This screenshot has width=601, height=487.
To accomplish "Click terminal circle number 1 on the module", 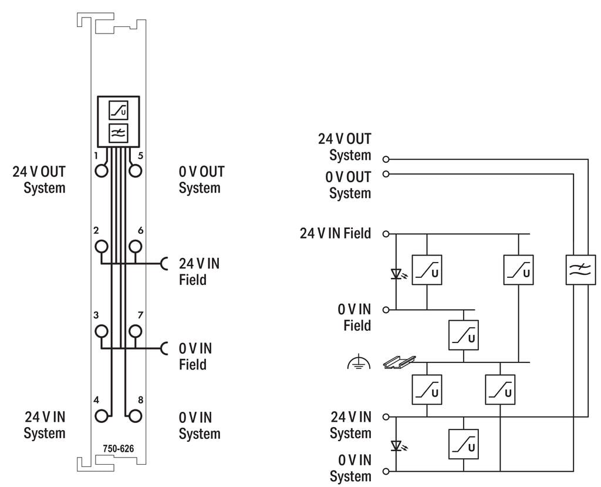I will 102,170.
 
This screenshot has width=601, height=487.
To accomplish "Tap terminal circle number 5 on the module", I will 136,170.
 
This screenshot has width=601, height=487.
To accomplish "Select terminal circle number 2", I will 102,246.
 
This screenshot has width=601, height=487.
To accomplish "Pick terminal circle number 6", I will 136,246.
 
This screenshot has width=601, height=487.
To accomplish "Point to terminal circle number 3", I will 102,331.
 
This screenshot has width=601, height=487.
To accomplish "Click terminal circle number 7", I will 136,331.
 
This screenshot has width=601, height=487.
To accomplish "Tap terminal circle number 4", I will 102,416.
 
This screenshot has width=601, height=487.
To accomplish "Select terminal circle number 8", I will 136,416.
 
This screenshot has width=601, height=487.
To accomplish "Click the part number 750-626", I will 119,449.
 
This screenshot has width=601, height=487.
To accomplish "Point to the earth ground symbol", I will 357,364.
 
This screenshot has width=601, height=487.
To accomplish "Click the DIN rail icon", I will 399,361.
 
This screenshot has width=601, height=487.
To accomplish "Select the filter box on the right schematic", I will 580,270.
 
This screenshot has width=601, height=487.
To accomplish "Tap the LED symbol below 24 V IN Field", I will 396,273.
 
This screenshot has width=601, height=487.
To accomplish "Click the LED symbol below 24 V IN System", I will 396,446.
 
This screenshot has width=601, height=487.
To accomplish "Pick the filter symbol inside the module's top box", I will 119,133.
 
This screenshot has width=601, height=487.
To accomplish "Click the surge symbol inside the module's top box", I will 119,110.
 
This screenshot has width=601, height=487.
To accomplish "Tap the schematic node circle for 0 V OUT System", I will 386,174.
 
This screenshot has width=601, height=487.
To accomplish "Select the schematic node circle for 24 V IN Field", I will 386,234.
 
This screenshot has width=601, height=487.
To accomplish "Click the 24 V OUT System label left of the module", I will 39,180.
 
